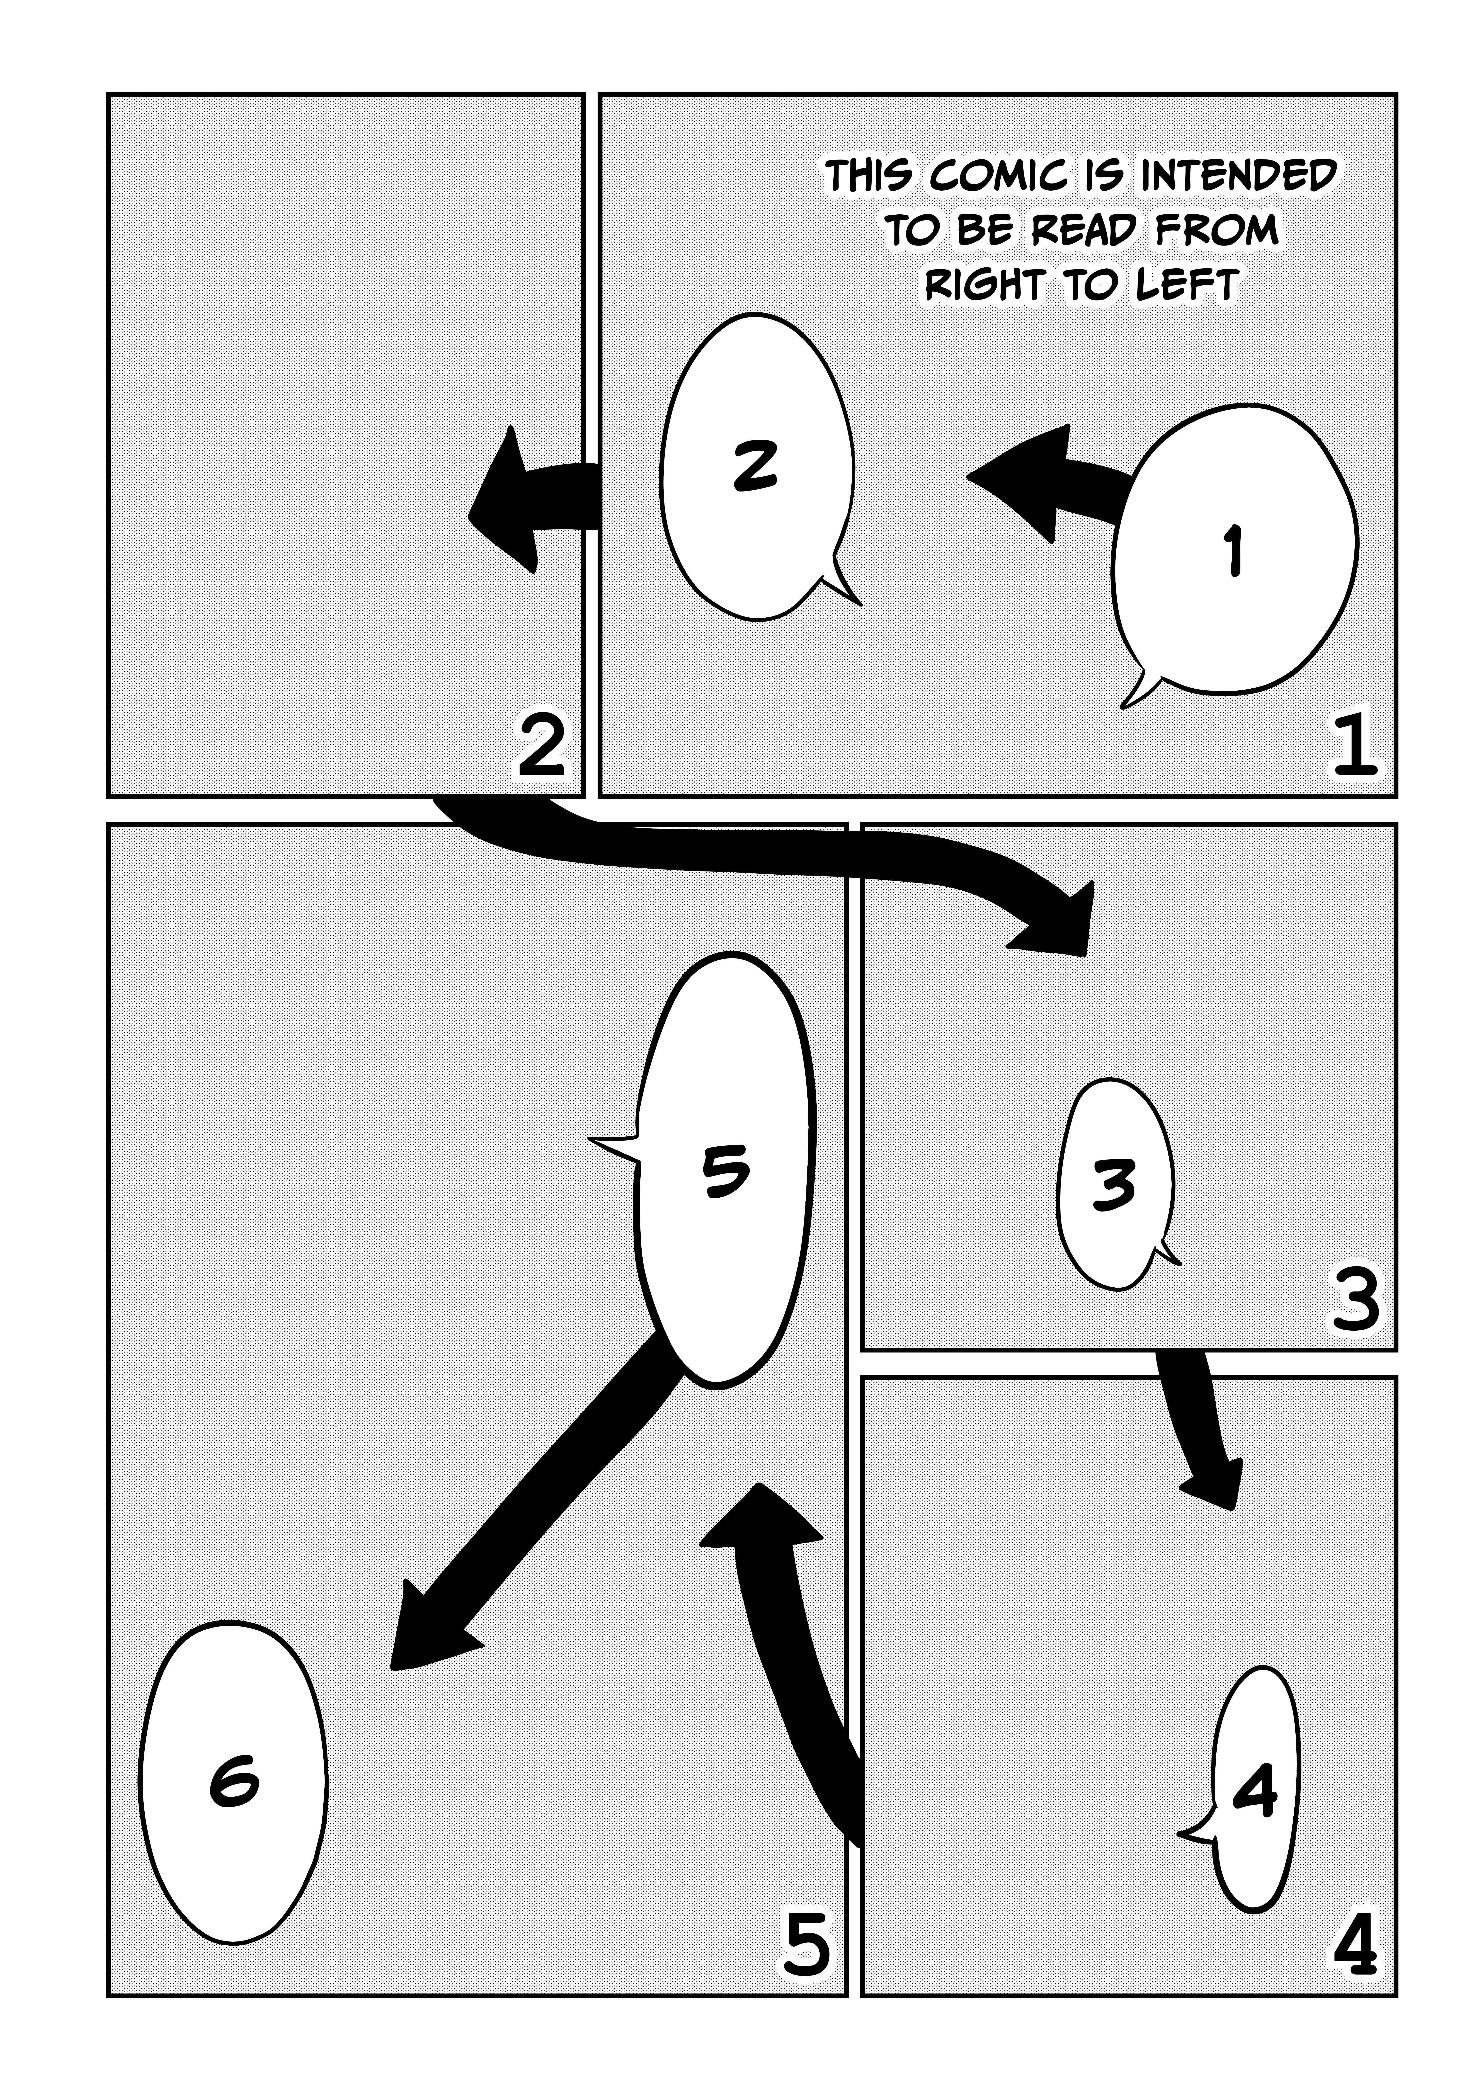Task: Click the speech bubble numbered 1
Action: (x=1234, y=551)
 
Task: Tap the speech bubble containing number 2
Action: (x=756, y=466)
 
